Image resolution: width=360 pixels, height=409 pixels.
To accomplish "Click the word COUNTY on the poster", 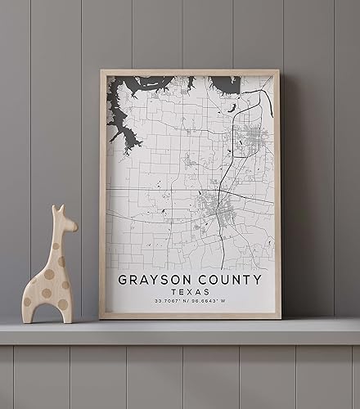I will click(x=232, y=279).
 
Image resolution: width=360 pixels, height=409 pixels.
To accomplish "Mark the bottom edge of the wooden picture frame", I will click(x=190, y=316).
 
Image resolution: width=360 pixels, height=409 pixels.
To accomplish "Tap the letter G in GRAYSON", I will click(x=123, y=279).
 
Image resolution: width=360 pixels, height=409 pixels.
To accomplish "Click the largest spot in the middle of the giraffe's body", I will click(x=47, y=274).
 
